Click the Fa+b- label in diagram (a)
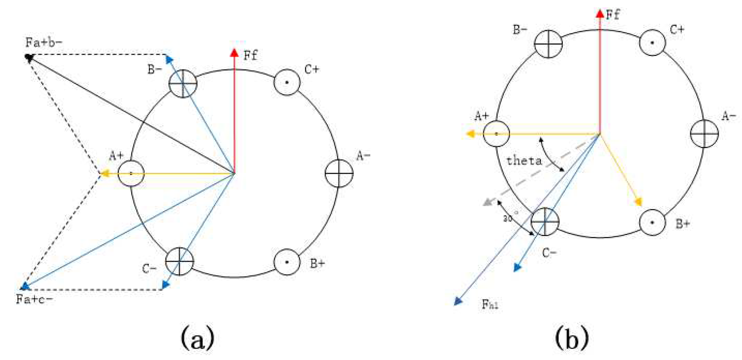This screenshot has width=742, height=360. pos(43,42)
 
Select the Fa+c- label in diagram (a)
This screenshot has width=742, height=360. pos(34,299)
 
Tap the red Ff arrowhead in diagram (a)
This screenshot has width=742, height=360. pos(234,53)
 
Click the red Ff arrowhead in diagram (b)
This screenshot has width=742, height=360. pos(600,14)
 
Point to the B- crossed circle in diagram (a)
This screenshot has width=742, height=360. pos(183,83)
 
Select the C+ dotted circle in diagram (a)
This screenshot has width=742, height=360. pos(287,82)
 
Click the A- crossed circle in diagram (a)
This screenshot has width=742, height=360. pos(339,173)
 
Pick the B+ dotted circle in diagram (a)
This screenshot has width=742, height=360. pos(287,262)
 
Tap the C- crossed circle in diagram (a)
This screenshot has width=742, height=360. pos(179,261)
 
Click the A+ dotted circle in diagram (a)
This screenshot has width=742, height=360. pos(131,173)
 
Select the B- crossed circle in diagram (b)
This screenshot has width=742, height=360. pos(548,44)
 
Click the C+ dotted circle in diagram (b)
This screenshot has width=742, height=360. pos(652,43)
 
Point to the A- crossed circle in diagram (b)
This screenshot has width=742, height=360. pos(704,134)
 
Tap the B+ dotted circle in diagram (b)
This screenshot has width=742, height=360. pos(652,222)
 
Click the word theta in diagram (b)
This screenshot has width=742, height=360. pos(524,161)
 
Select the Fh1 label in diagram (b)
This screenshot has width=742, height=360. pos(490,304)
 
